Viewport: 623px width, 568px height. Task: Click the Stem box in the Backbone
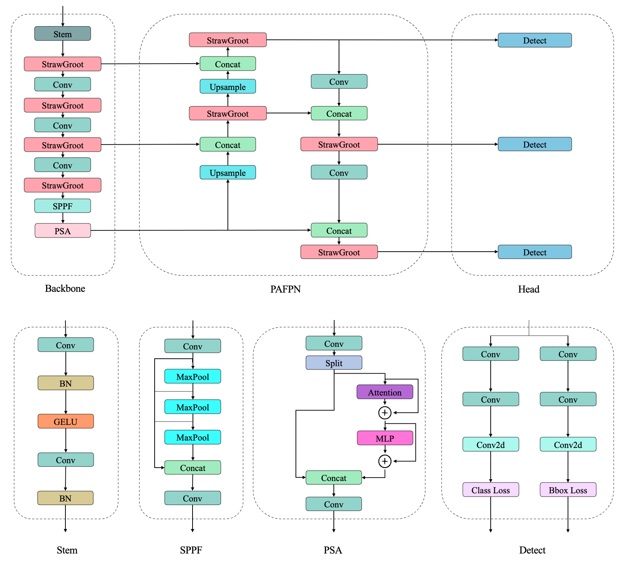pos(62,34)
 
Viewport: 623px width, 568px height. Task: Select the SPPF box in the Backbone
pos(62,206)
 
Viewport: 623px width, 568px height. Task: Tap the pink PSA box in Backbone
pos(62,231)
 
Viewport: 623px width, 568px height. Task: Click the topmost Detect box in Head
pos(535,40)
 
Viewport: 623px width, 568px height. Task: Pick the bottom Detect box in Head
pos(535,252)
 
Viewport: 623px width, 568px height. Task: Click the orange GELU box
pos(65,422)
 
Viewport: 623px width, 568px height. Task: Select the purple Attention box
pos(385,392)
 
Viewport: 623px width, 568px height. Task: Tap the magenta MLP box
pos(385,438)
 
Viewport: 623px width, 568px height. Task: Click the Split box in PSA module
pos(334,363)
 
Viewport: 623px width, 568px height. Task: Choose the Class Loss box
pos(490,490)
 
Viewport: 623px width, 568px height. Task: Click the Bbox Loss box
pos(568,490)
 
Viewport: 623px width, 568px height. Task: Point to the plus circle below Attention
pos(385,413)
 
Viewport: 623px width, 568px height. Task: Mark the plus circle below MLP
pos(385,461)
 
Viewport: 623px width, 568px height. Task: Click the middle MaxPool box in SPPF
pos(193,407)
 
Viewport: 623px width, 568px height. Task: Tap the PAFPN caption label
pos(285,289)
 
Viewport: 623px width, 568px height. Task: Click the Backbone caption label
pos(65,288)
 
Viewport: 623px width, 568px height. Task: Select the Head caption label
pos(529,289)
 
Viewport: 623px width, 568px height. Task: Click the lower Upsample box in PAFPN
pos(227,172)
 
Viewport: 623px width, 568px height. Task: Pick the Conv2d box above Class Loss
pos(490,445)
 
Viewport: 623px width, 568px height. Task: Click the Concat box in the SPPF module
pos(193,468)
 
